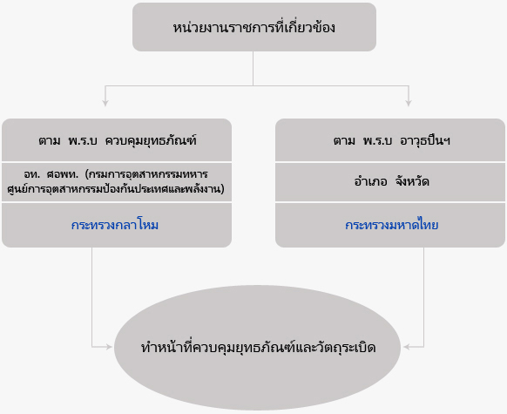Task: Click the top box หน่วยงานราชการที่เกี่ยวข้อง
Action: click(254, 27)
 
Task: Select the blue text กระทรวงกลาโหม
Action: click(115, 225)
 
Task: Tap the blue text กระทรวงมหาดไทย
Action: click(391, 225)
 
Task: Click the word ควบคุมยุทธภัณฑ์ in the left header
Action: click(151, 140)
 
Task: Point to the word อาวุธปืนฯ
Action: click(425, 140)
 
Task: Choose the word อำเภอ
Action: click(370, 181)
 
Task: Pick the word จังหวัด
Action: click(412, 181)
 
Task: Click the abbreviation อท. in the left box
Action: click(31, 174)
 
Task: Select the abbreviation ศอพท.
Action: click(63, 174)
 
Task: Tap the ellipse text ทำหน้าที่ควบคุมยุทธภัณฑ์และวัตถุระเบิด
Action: click(258, 348)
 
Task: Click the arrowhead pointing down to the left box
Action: click(105, 103)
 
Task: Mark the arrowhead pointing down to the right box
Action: click(409, 103)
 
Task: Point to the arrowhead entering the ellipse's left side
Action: click(109, 347)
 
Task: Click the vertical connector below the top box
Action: click(253, 68)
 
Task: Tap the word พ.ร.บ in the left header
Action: click(83, 140)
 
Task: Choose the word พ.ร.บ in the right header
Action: click(378, 140)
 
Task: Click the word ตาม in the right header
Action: click(344, 141)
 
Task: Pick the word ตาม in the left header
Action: click(50, 141)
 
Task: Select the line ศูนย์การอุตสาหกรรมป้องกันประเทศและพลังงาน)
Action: click(116, 189)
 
